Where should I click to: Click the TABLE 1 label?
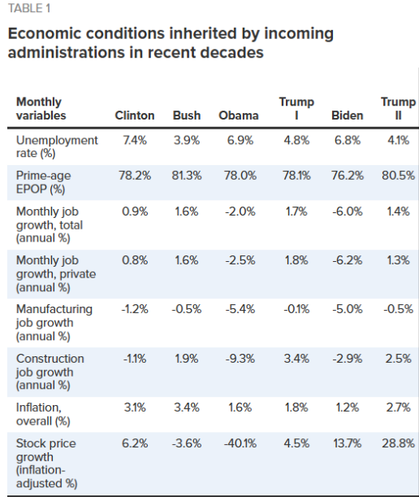click(x=29, y=8)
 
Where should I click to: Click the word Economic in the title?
click(x=43, y=33)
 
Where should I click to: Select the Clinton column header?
click(x=135, y=116)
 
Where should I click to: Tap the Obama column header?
click(x=239, y=116)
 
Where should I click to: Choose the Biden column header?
click(x=348, y=116)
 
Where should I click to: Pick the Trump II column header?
click(x=398, y=108)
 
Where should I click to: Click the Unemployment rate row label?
click(x=57, y=146)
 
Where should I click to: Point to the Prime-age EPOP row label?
click(x=44, y=182)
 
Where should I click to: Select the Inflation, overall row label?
click(x=43, y=414)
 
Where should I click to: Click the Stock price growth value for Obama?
click(x=240, y=443)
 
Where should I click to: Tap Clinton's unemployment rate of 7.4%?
click(x=135, y=140)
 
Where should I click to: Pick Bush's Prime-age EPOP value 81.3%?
click(x=187, y=175)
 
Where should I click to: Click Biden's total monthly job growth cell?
click(x=348, y=211)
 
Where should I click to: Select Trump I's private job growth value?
click(x=296, y=260)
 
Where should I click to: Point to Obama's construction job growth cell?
click(x=240, y=359)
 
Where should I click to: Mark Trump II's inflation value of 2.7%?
click(x=398, y=408)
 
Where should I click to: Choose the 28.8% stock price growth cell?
click(x=398, y=443)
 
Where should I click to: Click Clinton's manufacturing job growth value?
click(x=135, y=309)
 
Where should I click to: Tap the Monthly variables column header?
click(x=41, y=108)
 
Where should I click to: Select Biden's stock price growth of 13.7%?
click(x=348, y=443)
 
